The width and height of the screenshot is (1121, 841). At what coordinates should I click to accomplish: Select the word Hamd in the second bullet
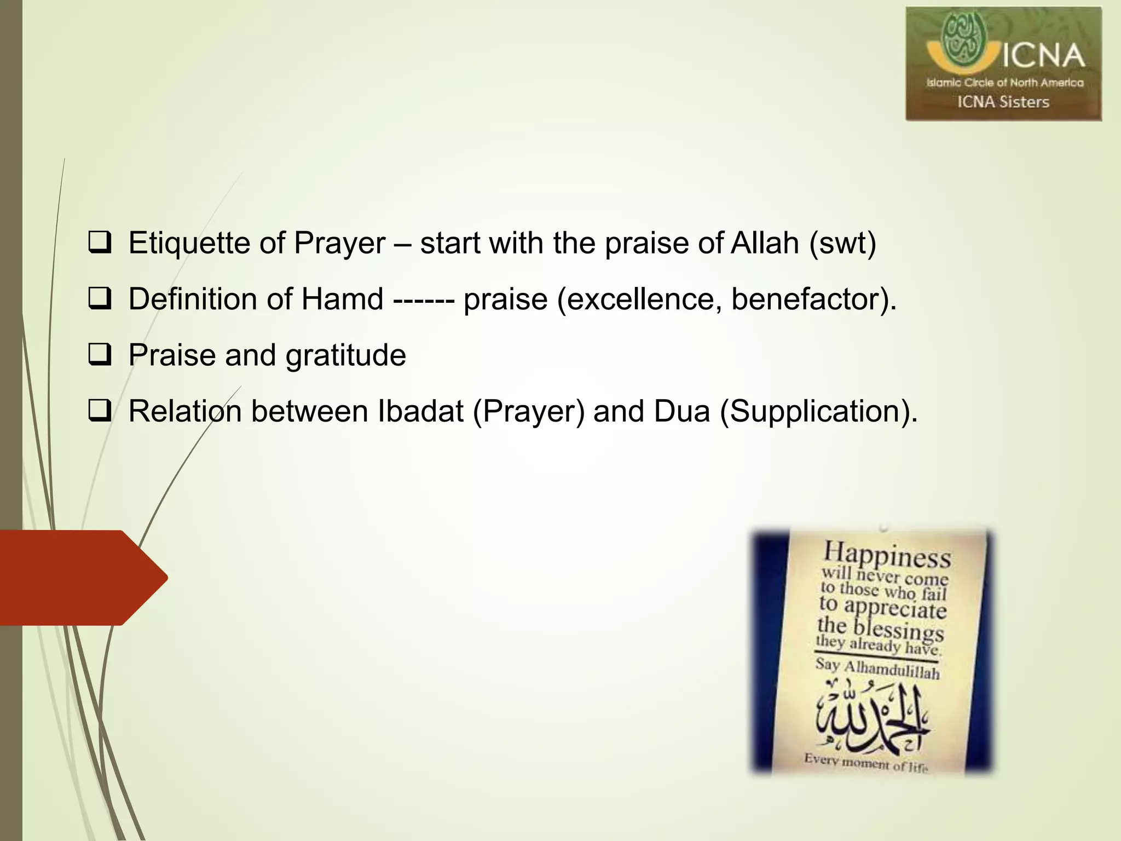click(x=342, y=299)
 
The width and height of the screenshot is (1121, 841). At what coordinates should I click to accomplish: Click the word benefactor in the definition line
click(x=807, y=299)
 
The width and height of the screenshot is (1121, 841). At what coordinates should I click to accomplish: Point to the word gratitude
click(x=345, y=356)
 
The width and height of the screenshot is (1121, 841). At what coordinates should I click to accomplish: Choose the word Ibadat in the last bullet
click(x=420, y=411)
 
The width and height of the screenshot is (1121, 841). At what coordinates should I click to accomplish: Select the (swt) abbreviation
click(x=843, y=244)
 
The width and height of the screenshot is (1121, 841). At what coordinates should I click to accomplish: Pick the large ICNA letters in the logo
click(x=1043, y=56)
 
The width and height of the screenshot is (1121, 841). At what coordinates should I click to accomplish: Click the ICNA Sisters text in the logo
click(x=1003, y=102)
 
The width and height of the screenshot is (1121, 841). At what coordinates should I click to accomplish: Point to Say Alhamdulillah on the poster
click(x=877, y=669)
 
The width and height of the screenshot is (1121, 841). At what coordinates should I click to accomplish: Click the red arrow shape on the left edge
click(x=82, y=578)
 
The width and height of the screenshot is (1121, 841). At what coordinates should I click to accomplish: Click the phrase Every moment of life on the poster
click(x=866, y=762)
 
